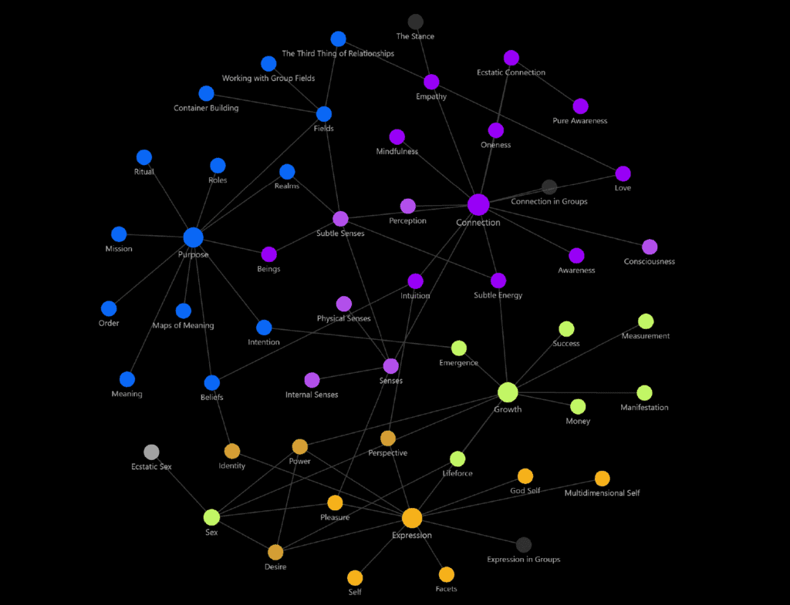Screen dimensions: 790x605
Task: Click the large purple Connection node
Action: click(x=478, y=205)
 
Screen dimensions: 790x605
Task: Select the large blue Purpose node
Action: click(x=193, y=237)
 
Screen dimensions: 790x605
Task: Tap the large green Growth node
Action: click(x=508, y=392)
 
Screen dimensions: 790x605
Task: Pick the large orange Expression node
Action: click(x=412, y=518)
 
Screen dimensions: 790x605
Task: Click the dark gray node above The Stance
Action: click(x=415, y=22)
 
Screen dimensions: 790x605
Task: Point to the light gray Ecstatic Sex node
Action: click(x=151, y=452)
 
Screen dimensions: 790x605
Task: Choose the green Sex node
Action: click(x=211, y=517)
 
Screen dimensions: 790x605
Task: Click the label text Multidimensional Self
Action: click(x=602, y=493)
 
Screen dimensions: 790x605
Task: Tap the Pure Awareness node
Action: click(x=580, y=106)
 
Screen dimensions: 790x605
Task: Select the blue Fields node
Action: click(x=324, y=114)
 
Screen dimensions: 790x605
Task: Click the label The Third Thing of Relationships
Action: click(x=338, y=53)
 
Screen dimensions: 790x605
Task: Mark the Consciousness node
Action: click(x=650, y=247)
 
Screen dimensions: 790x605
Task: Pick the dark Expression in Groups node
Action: click(x=524, y=545)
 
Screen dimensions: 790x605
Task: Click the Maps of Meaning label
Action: click(x=184, y=326)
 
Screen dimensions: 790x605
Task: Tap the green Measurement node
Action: click(x=646, y=321)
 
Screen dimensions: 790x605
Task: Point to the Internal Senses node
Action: click(x=312, y=380)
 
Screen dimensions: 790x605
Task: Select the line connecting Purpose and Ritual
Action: click(x=169, y=197)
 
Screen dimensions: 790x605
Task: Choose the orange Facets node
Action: click(x=447, y=574)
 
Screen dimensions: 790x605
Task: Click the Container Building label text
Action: click(x=206, y=108)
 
